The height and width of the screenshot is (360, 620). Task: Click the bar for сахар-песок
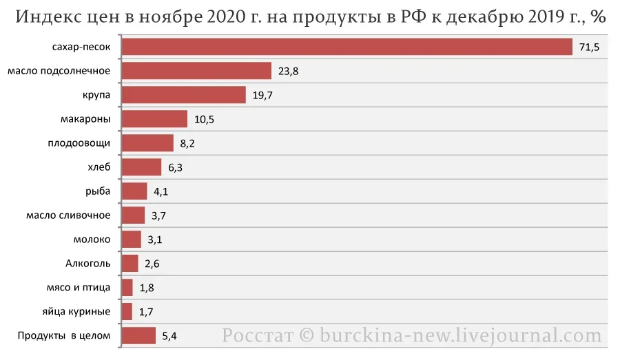click(x=347, y=47)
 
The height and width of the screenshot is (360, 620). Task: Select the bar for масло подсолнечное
click(x=196, y=71)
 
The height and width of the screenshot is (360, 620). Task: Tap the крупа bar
click(x=183, y=95)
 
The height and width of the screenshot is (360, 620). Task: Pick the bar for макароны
click(x=154, y=119)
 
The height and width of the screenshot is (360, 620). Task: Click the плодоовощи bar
click(x=147, y=143)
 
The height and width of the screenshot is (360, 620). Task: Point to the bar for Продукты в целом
click(x=138, y=336)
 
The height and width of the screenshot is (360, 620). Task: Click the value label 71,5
click(x=589, y=47)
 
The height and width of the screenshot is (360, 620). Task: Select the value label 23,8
click(x=288, y=72)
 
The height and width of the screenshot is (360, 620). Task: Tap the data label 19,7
click(x=262, y=96)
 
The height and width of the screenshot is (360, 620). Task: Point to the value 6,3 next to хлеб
click(x=175, y=167)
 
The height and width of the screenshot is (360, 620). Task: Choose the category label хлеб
click(x=99, y=167)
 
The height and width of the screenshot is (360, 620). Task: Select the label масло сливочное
click(x=68, y=215)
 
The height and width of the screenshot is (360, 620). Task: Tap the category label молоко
click(x=92, y=240)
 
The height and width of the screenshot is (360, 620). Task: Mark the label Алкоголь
click(x=88, y=264)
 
